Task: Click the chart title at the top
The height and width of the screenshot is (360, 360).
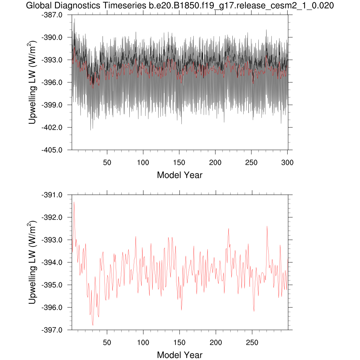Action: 180,6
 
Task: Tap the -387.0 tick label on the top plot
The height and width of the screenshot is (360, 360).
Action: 52,15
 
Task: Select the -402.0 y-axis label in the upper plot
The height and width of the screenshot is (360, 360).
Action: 52,127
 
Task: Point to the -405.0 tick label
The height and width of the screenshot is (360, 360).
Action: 52,150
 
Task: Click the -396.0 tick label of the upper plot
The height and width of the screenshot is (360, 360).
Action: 52,82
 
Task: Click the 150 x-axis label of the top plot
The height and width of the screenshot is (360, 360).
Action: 179,163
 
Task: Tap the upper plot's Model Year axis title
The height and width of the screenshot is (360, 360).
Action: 180,175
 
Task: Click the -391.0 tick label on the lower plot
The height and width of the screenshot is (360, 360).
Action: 52,195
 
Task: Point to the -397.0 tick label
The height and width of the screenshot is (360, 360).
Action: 52,330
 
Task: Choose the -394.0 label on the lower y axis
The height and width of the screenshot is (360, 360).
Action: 52,262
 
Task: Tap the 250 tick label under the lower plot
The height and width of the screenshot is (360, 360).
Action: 252,343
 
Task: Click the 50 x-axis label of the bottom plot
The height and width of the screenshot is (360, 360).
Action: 107,343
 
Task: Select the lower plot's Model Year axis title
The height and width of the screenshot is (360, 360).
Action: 180,355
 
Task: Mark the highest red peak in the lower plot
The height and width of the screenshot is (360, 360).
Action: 74,202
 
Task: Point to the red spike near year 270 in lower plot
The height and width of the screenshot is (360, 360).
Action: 267,226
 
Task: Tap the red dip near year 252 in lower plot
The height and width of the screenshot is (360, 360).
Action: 254,311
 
